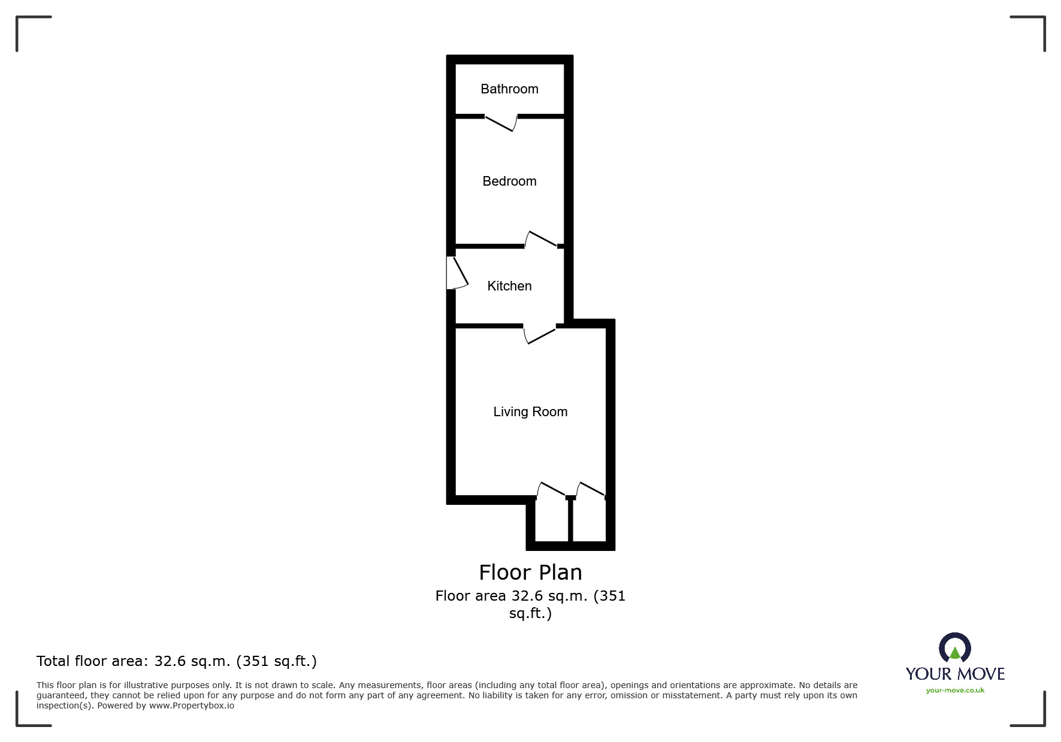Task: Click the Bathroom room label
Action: point(509,89)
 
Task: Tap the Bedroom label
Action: point(509,181)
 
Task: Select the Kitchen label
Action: point(509,286)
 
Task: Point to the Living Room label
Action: point(530,412)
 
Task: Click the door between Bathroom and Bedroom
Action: point(501,122)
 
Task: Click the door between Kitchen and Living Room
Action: point(540,334)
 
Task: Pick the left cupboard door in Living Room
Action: point(551,490)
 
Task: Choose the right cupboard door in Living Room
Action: point(591,490)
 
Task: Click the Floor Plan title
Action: point(530,573)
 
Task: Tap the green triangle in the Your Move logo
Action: point(955,653)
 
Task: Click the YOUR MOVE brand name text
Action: point(955,674)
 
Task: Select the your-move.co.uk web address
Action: point(955,690)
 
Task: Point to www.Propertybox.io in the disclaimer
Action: point(192,705)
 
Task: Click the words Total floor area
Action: point(90,661)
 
